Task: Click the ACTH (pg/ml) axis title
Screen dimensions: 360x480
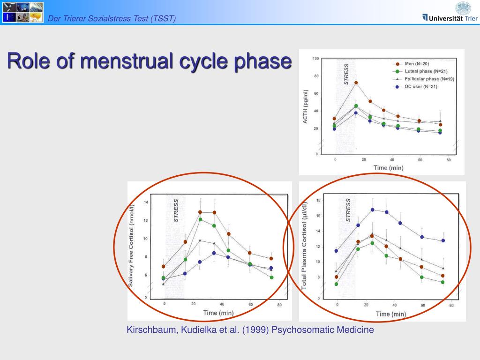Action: tap(306, 107)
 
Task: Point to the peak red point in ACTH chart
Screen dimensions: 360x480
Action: tap(356, 83)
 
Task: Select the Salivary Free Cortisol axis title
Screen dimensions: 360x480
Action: tap(132, 246)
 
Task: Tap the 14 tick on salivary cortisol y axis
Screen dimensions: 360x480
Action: tap(146, 202)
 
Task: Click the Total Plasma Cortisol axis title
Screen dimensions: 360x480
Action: tap(304, 246)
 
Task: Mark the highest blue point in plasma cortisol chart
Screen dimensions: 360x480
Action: tap(373, 210)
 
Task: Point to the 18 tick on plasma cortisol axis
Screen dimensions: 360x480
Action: tap(318, 201)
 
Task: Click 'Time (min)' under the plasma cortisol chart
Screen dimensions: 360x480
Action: tap(390, 314)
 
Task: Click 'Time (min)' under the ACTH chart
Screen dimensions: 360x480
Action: tap(388, 167)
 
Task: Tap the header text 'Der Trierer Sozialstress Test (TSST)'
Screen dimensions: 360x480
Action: tap(112, 18)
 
